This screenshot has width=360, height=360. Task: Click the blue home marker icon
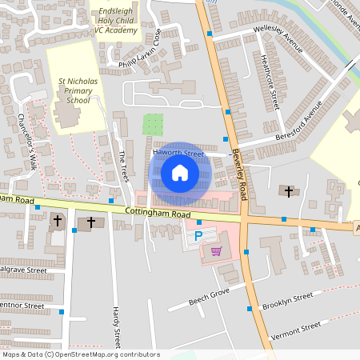(x=180, y=173)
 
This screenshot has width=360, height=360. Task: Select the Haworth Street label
(x=178, y=153)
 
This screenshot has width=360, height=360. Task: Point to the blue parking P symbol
(x=198, y=236)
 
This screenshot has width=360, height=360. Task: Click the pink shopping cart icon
(x=215, y=251)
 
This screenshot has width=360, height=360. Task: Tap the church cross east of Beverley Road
(x=289, y=191)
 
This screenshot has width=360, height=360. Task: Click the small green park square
(x=152, y=124)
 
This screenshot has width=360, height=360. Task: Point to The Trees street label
(x=123, y=166)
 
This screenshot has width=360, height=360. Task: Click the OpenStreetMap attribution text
(x=80, y=354)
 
